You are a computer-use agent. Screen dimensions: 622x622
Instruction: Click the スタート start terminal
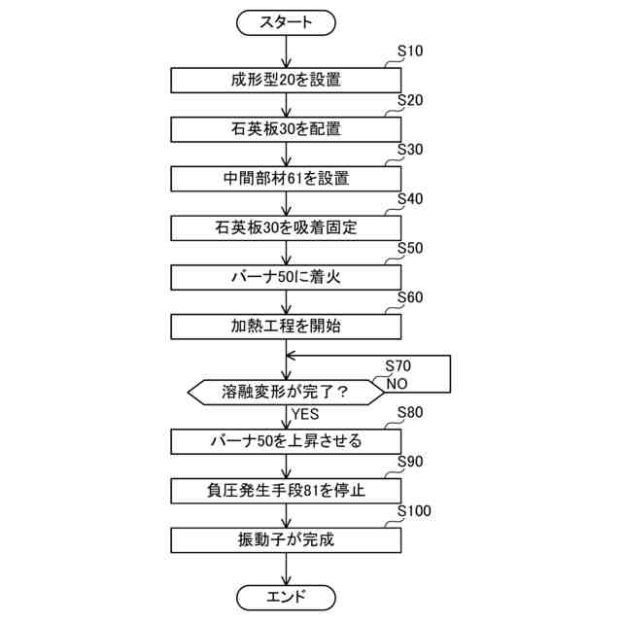click(x=286, y=21)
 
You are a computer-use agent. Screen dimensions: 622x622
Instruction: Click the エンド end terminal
click(x=286, y=596)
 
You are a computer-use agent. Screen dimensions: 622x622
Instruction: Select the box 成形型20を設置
click(x=286, y=80)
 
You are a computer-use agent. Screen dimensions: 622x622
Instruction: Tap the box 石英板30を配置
click(x=286, y=128)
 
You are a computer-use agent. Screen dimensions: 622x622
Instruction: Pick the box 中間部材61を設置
click(x=286, y=179)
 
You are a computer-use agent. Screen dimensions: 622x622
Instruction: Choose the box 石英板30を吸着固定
click(x=286, y=227)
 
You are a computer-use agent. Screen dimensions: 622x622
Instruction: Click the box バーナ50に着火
click(x=286, y=277)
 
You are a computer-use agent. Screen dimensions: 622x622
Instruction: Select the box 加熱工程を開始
click(x=286, y=327)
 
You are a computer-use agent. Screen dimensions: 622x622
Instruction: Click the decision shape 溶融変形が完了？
click(x=286, y=392)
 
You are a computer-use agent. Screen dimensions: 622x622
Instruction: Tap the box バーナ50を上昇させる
click(x=286, y=441)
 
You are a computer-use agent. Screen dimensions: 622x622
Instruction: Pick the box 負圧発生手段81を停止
click(x=286, y=490)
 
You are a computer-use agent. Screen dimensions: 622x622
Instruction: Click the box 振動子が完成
click(x=286, y=539)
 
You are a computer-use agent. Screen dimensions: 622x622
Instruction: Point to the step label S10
click(x=411, y=52)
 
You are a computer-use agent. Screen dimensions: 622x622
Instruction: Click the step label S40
click(x=411, y=199)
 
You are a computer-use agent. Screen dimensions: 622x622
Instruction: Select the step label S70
click(x=398, y=366)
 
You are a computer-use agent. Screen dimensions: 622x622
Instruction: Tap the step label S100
click(x=415, y=511)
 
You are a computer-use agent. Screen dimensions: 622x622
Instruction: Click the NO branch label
click(x=396, y=382)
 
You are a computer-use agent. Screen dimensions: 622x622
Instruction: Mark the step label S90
click(x=411, y=462)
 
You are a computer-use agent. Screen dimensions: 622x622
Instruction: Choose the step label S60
click(x=411, y=298)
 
